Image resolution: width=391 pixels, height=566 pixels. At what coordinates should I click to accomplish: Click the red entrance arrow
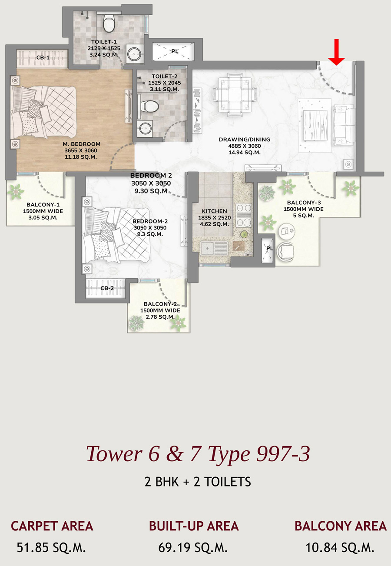pyautogui.click(x=336, y=52)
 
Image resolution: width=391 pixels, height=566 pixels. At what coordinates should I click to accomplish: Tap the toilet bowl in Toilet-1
pyautogui.click(x=109, y=23)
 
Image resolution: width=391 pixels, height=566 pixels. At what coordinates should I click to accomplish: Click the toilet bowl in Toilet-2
pyautogui.click(x=148, y=106)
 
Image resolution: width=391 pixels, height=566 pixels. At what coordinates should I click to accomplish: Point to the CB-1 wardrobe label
pyautogui.click(x=43, y=58)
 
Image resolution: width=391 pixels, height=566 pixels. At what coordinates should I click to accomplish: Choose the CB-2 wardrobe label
pyautogui.click(x=107, y=288)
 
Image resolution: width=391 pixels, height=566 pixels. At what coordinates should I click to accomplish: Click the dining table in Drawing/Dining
pyautogui.click(x=235, y=95)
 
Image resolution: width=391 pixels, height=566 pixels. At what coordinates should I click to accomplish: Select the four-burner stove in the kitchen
pyautogui.click(x=244, y=216)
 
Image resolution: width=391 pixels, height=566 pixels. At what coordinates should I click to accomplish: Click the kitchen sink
pyautogui.click(x=215, y=248)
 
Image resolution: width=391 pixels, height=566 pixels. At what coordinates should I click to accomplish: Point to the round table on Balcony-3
pyautogui.click(x=286, y=231)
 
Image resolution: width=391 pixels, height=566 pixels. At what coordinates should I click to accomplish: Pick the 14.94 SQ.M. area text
pyautogui.click(x=245, y=152)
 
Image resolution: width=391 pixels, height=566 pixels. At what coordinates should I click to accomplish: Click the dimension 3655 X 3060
pyautogui.click(x=81, y=150)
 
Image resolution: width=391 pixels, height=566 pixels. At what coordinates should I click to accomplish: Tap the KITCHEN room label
pyautogui.click(x=215, y=211)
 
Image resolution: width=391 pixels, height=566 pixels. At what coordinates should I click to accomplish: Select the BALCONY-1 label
pyautogui.click(x=43, y=205)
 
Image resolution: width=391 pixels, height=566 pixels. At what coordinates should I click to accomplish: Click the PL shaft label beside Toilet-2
pyautogui.click(x=175, y=51)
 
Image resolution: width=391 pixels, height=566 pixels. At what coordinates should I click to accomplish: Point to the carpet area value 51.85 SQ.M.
pyautogui.click(x=51, y=548)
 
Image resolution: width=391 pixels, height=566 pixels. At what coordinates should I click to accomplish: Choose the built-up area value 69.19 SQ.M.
pyautogui.click(x=193, y=548)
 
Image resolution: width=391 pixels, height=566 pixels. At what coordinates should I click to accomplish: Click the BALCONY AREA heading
pyautogui.click(x=341, y=526)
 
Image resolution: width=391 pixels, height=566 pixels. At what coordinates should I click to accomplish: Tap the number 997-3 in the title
pyautogui.click(x=283, y=453)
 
